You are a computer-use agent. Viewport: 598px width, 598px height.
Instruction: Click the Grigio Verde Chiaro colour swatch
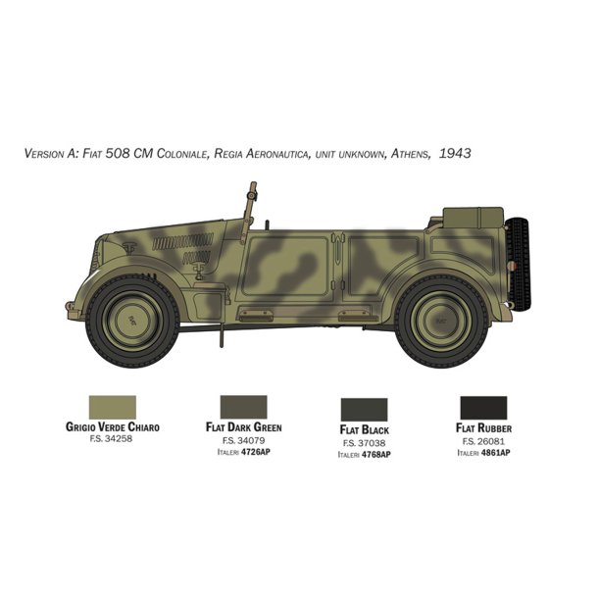point(112,406)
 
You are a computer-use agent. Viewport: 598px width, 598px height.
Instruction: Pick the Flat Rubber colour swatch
point(483,406)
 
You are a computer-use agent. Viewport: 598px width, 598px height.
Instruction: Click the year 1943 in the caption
point(456,154)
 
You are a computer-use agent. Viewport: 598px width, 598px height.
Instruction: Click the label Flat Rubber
point(483,428)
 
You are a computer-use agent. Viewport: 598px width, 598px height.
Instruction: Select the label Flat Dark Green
point(245,428)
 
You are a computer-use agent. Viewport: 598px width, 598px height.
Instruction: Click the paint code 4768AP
point(375,455)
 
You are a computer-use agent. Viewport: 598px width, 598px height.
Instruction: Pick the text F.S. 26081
point(483,441)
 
